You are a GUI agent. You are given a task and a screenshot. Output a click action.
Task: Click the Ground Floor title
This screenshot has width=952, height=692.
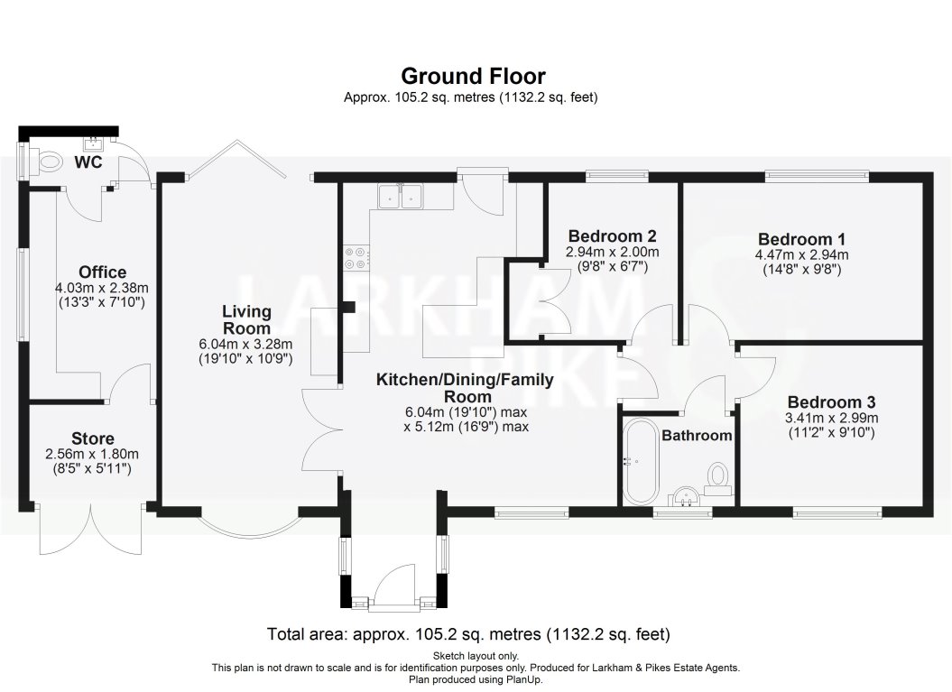tap(473, 76)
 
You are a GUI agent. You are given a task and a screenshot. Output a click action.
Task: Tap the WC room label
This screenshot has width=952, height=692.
tap(88, 162)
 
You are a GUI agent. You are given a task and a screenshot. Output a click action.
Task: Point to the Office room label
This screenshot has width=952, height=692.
tap(102, 272)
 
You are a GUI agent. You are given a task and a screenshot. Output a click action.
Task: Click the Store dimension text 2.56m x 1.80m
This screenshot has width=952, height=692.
tap(92, 454)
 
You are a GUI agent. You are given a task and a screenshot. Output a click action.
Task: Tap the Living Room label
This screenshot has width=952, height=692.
tap(246, 319)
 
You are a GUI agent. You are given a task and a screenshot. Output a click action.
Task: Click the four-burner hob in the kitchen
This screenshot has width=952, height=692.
tap(355, 258)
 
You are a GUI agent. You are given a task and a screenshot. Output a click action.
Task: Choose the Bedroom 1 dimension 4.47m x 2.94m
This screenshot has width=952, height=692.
tap(801, 254)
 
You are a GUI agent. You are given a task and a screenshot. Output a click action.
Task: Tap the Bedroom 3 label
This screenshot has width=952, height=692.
tap(830, 402)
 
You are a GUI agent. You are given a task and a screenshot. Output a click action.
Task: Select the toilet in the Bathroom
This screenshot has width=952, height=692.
tap(718, 476)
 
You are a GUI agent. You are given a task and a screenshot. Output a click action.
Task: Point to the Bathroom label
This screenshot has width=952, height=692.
tap(697, 436)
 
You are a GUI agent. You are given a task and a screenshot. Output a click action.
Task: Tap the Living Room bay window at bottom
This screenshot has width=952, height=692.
tap(250, 523)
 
